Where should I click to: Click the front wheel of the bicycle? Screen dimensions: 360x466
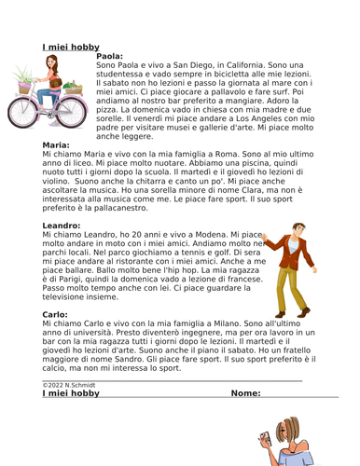coord(73,110)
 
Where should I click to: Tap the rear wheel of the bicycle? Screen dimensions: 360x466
coord(22,111)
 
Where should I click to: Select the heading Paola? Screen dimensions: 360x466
coord(112,56)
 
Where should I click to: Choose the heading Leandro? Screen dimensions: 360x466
coord(63,226)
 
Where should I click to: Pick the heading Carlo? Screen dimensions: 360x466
coord(55,315)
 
